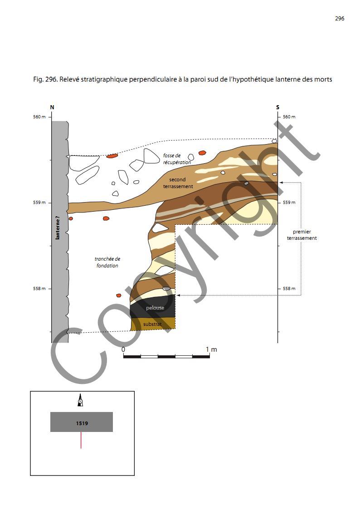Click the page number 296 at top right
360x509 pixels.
340,19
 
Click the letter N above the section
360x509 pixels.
52,107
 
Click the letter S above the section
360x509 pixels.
277,107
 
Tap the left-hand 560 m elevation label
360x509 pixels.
40,117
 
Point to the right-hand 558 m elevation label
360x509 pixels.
289,289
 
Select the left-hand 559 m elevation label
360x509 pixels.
40,203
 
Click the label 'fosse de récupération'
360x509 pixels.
177,159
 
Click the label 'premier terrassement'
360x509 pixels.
302,235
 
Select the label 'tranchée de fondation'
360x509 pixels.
107,262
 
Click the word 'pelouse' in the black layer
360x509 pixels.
155,308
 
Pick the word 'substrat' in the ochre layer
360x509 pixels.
152,324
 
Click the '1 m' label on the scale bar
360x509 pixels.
211,349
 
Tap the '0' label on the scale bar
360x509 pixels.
123,349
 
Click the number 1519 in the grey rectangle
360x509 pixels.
82,423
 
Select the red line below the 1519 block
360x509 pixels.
81,440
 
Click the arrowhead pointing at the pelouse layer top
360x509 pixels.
178,295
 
